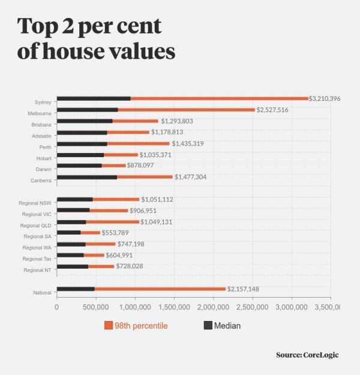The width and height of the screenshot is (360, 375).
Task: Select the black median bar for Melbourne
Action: (87, 110)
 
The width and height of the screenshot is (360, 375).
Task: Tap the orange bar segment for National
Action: (160, 289)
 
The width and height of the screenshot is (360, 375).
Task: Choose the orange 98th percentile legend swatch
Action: (109, 326)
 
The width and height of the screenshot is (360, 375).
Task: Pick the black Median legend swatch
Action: (208, 326)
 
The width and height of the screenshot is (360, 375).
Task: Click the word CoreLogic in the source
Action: (321, 355)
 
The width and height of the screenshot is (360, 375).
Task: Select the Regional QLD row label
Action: (38, 226)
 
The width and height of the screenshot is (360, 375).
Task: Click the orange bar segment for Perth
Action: (138, 144)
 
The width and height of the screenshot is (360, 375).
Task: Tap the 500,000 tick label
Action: (96, 307)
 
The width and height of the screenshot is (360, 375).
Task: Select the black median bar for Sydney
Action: (94, 98)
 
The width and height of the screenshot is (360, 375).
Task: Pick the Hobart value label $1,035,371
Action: (158, 155)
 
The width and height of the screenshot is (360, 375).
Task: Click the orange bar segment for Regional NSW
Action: (116, 199)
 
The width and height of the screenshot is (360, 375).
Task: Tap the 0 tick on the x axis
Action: (57, 307)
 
